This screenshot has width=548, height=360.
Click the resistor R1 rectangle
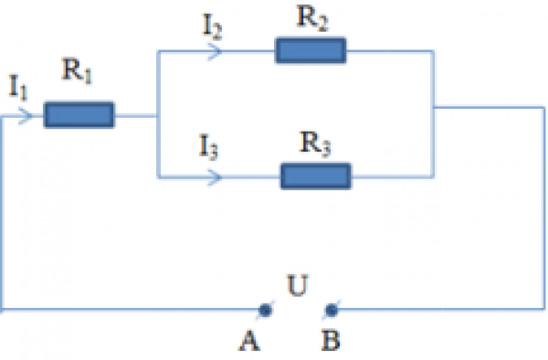(79, 115)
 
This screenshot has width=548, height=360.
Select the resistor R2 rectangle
(311, 51)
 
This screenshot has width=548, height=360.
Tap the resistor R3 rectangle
(315, 175)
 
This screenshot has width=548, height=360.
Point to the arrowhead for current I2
(216, 51)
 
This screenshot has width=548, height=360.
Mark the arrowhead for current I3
(216, 175)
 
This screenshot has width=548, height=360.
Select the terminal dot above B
(331, 310)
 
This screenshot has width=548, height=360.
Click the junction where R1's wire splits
(158, 115)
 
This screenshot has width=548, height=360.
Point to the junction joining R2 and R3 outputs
(434, 109)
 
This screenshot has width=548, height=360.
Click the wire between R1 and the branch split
(136, 115)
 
